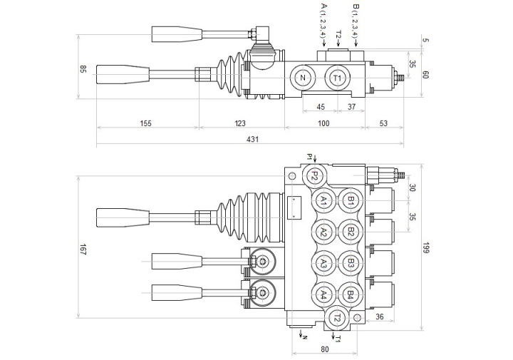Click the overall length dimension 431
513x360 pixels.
252,140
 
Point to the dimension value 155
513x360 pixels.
146,123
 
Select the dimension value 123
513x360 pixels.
240,123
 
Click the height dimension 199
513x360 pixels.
425,248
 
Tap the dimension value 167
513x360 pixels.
83,250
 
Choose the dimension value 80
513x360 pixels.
325,349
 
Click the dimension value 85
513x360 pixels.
83,69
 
